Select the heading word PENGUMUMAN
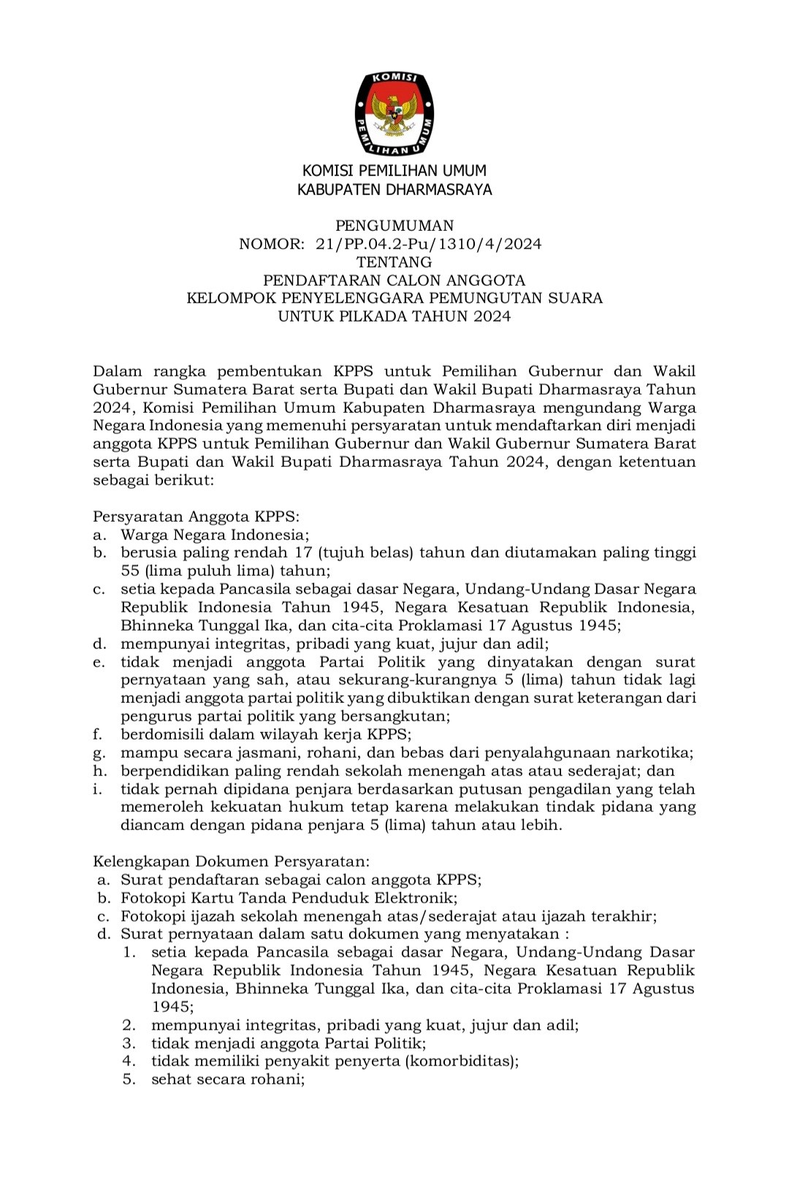point(394,226)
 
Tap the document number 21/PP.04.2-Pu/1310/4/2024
point(429,244)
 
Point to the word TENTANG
point(394,262)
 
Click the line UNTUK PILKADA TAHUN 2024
point(394,316)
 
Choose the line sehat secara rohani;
point(228,1079)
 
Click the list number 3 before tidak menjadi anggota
point(129,1043)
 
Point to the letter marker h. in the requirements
point(100,771)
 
